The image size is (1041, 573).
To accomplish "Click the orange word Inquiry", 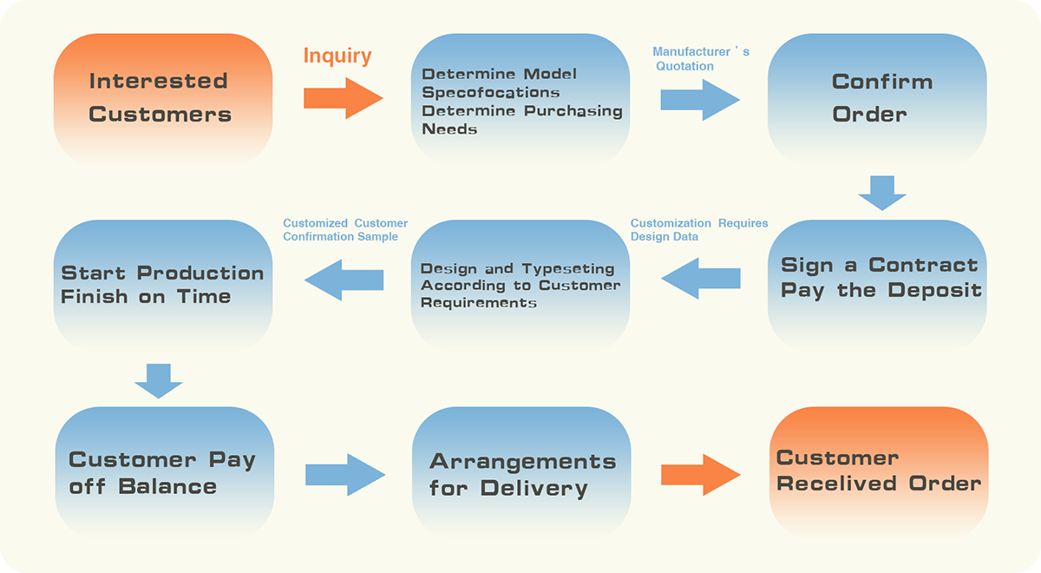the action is (337, 56).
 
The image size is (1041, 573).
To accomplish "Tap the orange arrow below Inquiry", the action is (344, 98).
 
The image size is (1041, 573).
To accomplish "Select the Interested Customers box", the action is (163, 99).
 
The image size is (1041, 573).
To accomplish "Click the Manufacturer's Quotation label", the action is (701, 59).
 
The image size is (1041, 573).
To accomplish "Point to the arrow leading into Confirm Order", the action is (700, 100).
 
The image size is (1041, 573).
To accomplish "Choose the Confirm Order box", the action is (877, 99).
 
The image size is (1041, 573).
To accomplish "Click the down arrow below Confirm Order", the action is (882, 193).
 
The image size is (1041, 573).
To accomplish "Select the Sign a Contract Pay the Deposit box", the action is (877, 285).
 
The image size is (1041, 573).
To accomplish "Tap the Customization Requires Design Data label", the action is (699, 230).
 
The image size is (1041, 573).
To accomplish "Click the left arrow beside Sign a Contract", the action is (701, 278).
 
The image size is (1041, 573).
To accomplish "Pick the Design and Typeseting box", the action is (520, 285).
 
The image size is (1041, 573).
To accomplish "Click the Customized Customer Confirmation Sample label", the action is (345, 230).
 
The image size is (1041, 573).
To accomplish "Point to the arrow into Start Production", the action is (344, 280).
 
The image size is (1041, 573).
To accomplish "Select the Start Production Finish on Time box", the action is (163, 285).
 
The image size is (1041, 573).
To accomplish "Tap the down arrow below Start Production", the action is (159, 381).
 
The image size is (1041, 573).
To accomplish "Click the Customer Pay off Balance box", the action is (165, 472).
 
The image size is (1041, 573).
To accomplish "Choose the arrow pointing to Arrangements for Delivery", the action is (345, 475).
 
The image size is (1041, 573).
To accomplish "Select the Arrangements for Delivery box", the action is (521, 472).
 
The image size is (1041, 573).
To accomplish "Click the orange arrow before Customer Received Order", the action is (701, 475).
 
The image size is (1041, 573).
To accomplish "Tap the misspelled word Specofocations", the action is (491, 93).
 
